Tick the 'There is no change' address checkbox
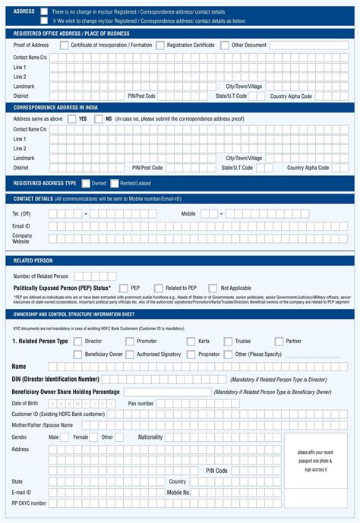[x=44, y=11]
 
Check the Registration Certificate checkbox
[x=160, y=46]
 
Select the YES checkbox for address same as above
[x=73, y=119]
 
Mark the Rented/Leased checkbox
[x=114, y=183]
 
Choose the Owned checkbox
[x=86, y=183]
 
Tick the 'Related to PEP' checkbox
[x=159, y=288]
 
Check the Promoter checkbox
[x=130, y=342]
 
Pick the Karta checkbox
[x=191, y=342]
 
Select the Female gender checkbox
[x=94, y=437]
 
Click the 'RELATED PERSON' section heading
[x=33, y=260]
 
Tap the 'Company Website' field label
[x=22, y=238]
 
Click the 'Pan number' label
[x=141, y=403]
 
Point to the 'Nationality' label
[x=150, y=437]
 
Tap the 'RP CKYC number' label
[x=29, y=503]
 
